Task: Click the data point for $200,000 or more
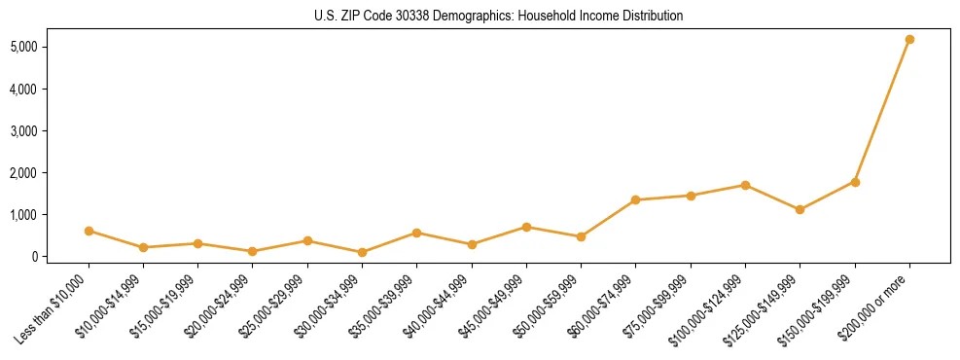[909, 40]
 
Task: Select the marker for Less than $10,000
[89, 231]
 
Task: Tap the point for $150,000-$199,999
[855, 182]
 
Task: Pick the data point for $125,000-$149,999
[800, 209]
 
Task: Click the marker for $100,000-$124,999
[745, 185]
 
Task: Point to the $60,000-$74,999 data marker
[635, 200]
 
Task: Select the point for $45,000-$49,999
[526, 227]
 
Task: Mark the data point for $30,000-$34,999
[362, 252]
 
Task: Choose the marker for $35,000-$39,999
[416, 233]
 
